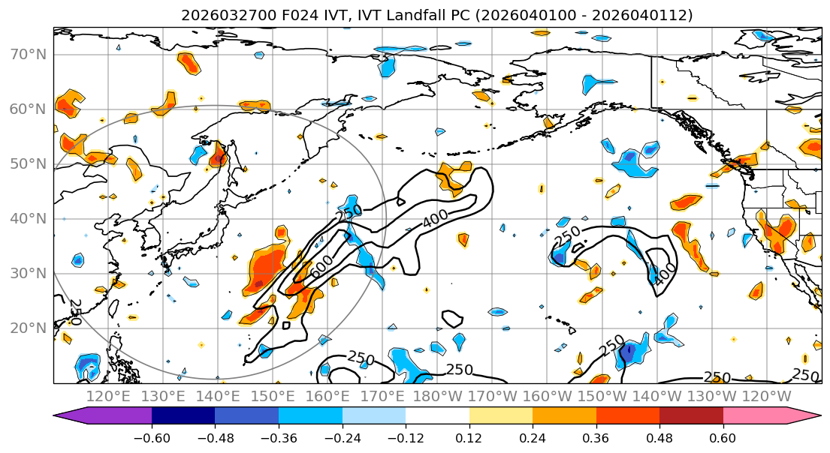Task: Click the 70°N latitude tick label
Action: [27, 55]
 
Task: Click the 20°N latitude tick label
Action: [27, 328]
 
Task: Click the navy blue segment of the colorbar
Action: [183, 416]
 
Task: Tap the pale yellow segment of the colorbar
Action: [500, 416]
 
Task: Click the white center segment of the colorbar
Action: [437, 416]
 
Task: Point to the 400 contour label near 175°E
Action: [435, 220]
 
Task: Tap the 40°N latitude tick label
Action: [27, 218]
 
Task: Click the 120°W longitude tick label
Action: [766, 395]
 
